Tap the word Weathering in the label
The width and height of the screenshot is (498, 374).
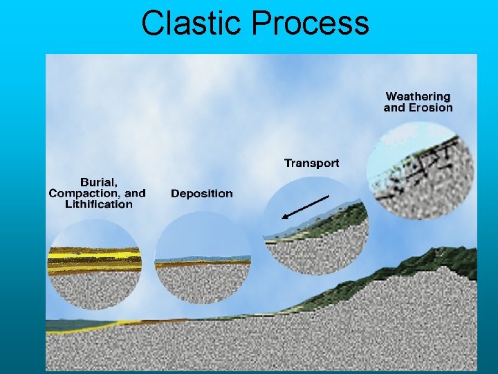418,96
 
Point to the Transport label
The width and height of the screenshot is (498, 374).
312,163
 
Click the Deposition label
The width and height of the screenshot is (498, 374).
202,193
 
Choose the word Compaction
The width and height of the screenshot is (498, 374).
78,193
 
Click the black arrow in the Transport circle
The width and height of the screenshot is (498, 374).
304,207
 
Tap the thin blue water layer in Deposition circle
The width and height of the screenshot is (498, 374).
202,259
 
